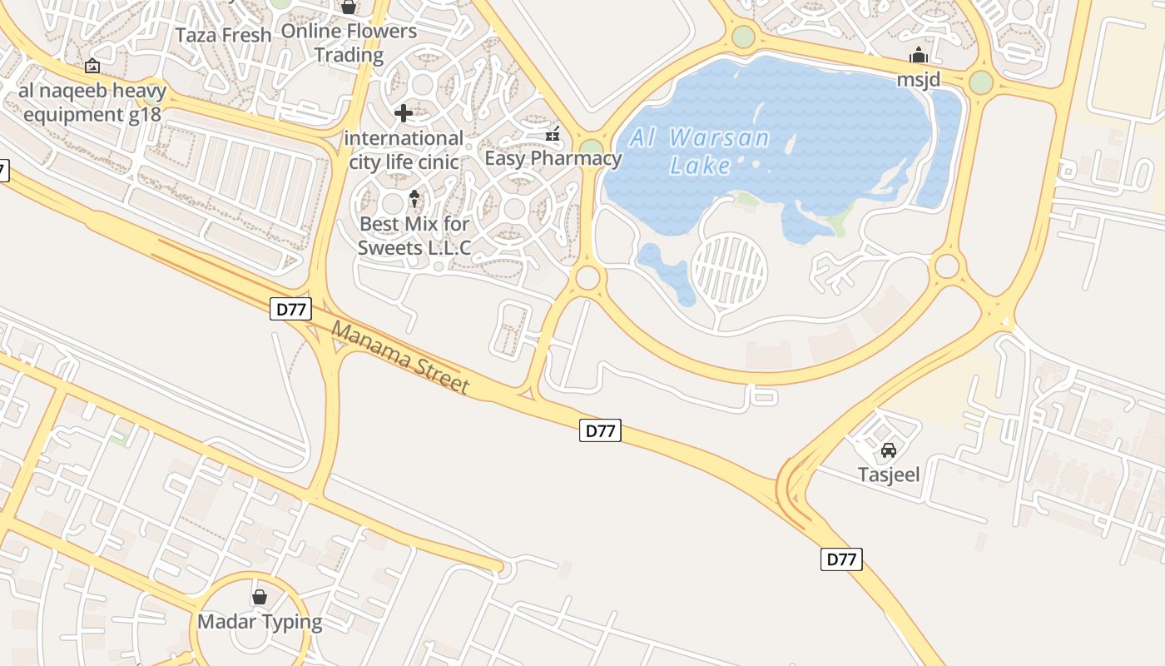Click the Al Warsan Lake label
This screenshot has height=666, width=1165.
[x=699, y=152]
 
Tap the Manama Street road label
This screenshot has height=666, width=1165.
[x=400, y=357]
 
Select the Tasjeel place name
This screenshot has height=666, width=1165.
[x=889, y=475]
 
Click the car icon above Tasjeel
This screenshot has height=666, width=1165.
[x=889, y=451]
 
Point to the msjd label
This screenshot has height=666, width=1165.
[x=918, y=80]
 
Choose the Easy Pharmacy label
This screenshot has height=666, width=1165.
[x=553, y=158]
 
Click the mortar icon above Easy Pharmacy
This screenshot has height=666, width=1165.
[x=553, y=134]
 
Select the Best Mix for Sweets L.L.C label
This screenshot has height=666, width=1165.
[x=414, y=236]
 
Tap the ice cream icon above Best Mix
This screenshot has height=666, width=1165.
[x=414, y=199]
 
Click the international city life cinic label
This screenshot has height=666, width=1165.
[x=404, y=150]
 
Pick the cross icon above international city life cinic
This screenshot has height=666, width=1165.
[x=404, y=112]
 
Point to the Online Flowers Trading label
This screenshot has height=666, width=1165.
[x=349, y=43]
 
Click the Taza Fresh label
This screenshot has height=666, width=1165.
[x=224, y=35]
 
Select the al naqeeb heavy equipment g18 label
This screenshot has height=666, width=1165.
[x=92, y=102]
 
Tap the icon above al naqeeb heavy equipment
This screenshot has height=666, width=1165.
[x=92, y=66]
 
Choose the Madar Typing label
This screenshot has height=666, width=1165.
[x=260, y=622]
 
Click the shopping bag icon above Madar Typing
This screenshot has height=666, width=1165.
[x=260, y=598]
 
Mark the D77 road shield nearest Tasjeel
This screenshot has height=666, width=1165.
[x=841, y=559]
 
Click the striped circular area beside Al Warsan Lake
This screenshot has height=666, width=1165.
[x=730, y=270]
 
